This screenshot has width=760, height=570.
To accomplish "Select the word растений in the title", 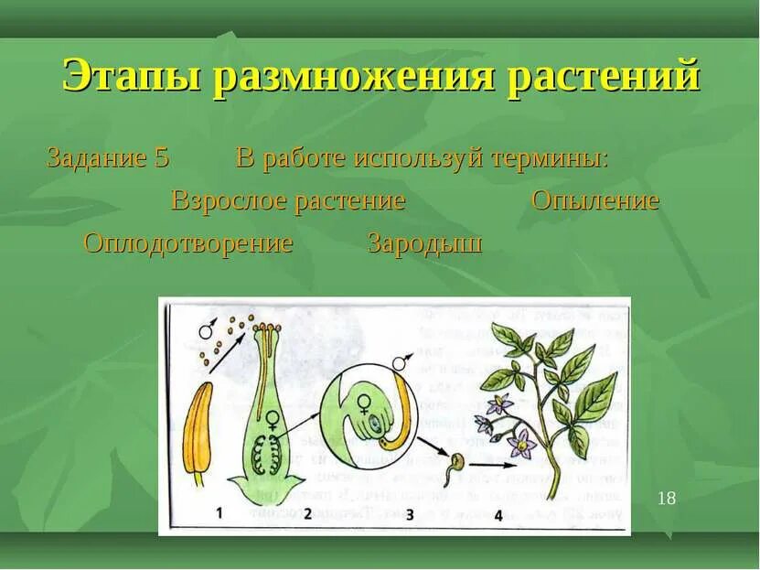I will point(604,76).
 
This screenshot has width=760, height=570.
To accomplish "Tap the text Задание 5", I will point(108,157).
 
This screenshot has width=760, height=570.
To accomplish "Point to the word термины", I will point(549,157).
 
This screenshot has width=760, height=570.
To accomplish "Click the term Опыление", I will point(595,200).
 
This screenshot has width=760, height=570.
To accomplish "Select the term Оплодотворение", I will point(188,243).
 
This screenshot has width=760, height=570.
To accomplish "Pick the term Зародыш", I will point(424,243).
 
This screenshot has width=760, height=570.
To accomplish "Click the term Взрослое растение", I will point(288,200).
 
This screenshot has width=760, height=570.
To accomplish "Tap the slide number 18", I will point(667,498).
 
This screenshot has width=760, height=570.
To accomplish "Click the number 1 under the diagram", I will point(219,512).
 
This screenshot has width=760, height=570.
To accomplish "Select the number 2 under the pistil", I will point(308,513).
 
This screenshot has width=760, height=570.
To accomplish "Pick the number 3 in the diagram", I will point(409,514).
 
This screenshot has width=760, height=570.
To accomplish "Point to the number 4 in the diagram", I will point(498,514).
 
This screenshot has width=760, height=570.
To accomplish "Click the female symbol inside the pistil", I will point(272,420).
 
